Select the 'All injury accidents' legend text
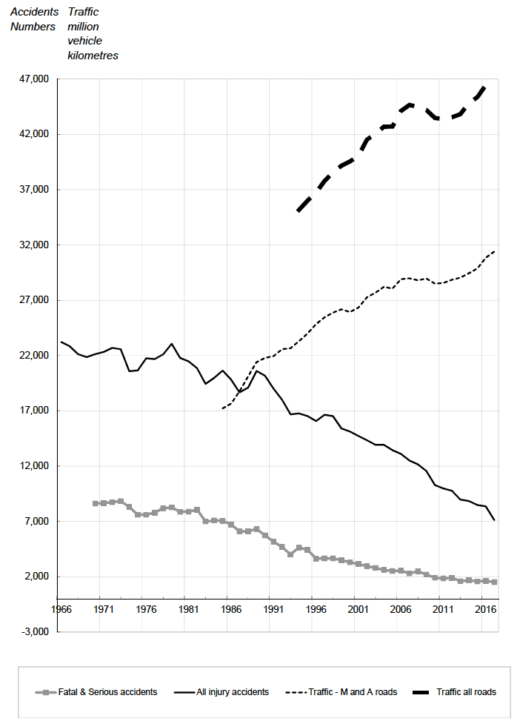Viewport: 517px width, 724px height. pos(233,692)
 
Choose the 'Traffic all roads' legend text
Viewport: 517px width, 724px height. pos(466,692)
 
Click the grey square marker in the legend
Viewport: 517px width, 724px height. pos(47,692)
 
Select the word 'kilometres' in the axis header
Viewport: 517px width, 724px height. pos(93,55)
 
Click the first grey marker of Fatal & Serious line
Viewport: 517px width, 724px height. pos(96,503)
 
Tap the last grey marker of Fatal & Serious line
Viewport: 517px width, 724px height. pos(494,582)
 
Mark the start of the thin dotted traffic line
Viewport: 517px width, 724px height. pos(223,408)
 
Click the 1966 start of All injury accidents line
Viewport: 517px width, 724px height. pos(61,342)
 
